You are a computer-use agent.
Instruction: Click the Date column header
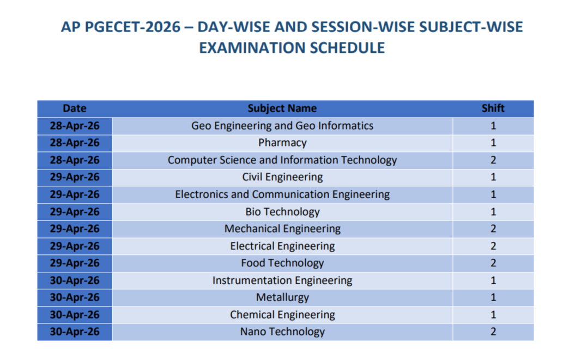click(x=75, y=108)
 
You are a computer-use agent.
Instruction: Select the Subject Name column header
click(x=282, y=108)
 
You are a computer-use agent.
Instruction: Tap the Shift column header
click(x=493, y=108)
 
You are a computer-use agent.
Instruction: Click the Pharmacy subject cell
click(x=282, y=143)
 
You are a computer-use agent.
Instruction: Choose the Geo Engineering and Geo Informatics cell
click(x=282, y=126)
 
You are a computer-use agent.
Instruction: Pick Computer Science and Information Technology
click(x=282, y=160)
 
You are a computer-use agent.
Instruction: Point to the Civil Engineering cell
click(x=282, y=177)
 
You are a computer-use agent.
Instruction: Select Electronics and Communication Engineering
click(x=282, y=194)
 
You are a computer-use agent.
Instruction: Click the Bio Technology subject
click(x=282, y=212)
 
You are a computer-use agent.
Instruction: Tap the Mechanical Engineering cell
click(x=282, y=229)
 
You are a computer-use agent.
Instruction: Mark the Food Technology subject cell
click(x=282, y=263)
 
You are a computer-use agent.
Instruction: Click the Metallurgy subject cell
click(x=282, y=297)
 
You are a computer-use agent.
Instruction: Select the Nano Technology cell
click(x=282, y=332)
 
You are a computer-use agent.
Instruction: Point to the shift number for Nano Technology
click(x=493, y=332)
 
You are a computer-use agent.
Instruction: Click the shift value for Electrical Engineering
click(x=493, y=246)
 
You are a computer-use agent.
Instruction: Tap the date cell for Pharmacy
click(x=75, y=143)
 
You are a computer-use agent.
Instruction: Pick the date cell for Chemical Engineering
click(x=75, y=315)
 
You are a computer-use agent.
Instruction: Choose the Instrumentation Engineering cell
click(x=282, y=280)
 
